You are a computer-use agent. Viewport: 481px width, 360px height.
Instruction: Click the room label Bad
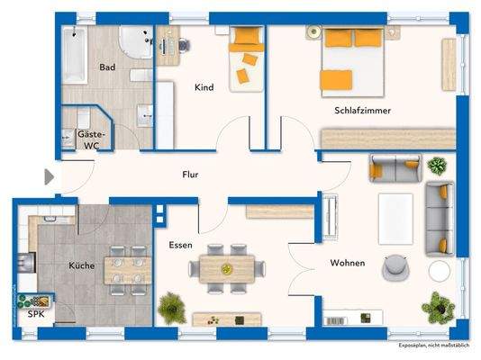[108, 67]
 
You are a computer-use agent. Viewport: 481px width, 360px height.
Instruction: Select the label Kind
[205, 88]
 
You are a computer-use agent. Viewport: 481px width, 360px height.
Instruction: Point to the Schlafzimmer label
[358, 111]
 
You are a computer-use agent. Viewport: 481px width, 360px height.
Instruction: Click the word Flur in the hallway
[189, 175]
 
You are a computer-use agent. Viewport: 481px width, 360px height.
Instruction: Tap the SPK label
[35, 315]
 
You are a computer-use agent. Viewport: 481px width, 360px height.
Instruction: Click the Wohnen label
[347, 263]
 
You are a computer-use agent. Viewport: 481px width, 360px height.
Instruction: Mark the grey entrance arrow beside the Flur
[50, 177]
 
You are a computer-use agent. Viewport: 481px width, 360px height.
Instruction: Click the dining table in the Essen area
[229, 267]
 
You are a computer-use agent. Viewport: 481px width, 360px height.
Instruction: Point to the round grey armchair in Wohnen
[394, 266]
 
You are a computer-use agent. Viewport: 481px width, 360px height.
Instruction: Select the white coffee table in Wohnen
[395, 218]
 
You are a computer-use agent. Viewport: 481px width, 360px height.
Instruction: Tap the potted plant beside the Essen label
[169, 307]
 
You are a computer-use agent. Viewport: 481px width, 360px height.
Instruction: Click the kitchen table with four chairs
[125, 266]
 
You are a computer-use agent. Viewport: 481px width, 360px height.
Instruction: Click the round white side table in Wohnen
[440, 270]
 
